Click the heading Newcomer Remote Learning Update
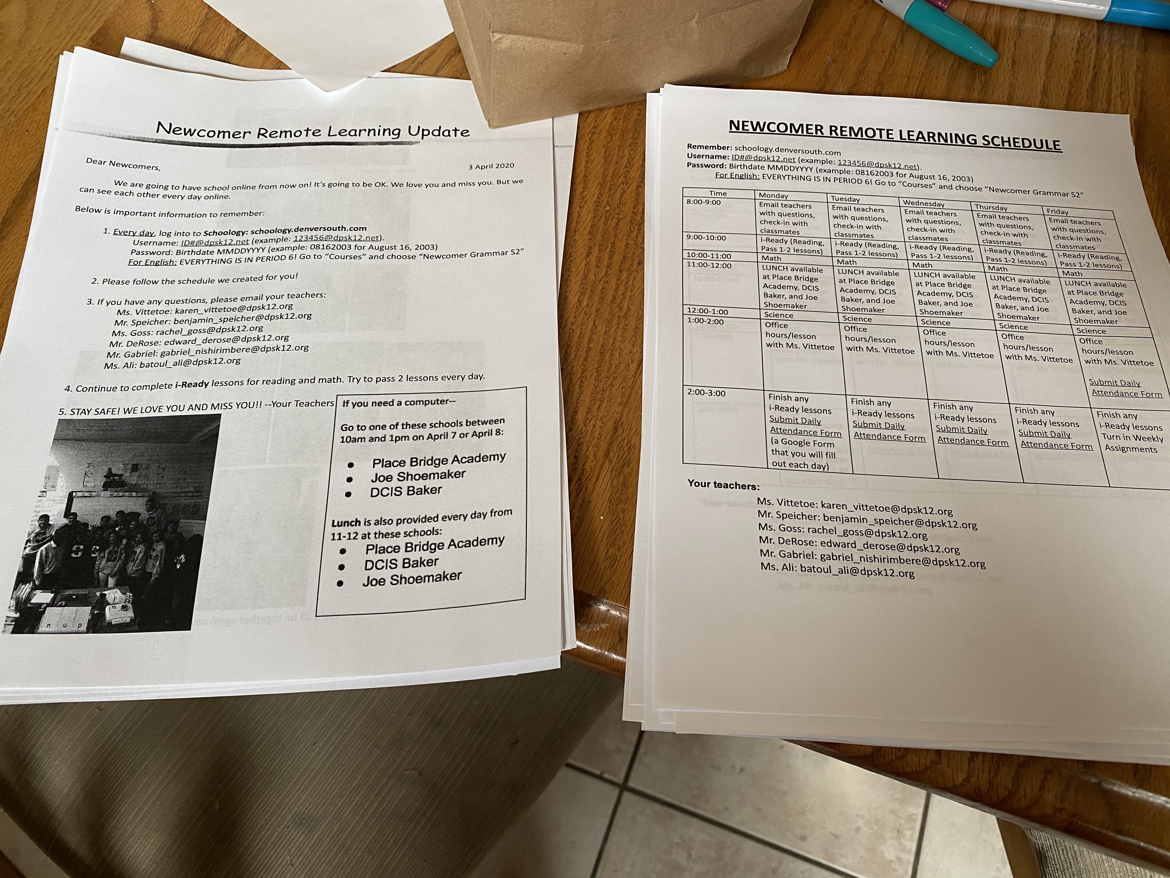pos(313,131)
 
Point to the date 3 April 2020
pos(491,166)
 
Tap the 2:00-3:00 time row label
pos(706,393)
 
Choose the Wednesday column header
pos(924,203)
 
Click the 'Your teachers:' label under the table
pos(723,485)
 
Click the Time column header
pos(718,193)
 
